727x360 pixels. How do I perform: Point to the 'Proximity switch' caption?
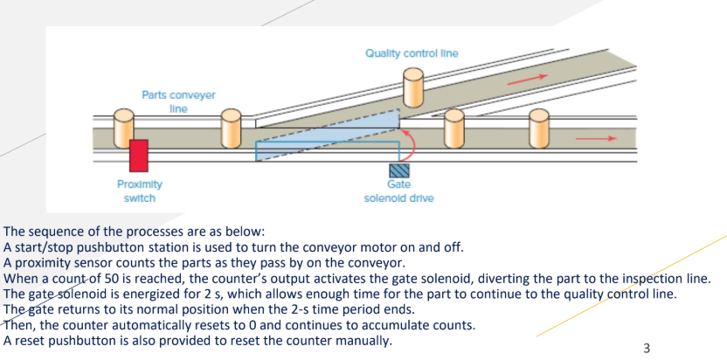139,191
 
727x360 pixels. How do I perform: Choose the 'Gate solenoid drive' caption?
398,191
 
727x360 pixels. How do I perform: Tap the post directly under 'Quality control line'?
412,87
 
